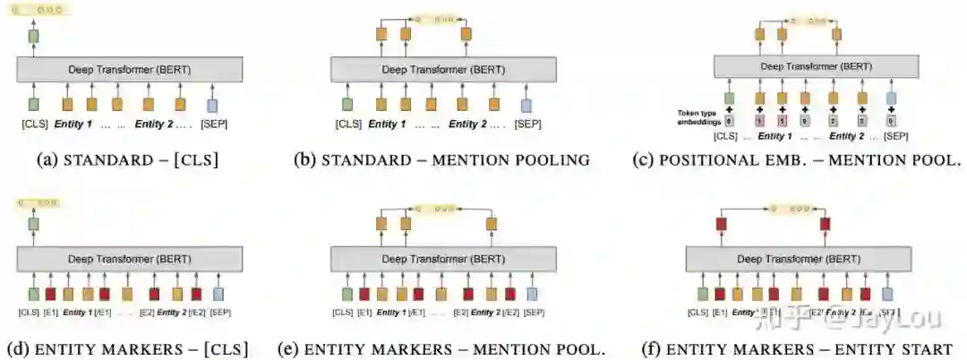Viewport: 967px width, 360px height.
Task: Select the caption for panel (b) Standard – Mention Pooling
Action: [x=441, y=160]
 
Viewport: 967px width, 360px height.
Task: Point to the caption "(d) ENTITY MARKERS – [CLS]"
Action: [x=127, y=348]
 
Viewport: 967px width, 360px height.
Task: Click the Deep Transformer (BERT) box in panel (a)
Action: [x=130, y=70]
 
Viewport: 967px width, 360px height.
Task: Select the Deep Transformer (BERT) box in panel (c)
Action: [x=816, y=66]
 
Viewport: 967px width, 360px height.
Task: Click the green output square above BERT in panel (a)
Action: [x=34, y=37]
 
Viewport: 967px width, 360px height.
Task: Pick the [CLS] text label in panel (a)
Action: [x=34, y=124]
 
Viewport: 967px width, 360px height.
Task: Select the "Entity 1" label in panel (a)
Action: [x=73, y=124]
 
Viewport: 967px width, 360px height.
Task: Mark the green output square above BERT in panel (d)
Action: [x=34, y=224]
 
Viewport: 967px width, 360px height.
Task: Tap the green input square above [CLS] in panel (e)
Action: [x=347, y=293]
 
